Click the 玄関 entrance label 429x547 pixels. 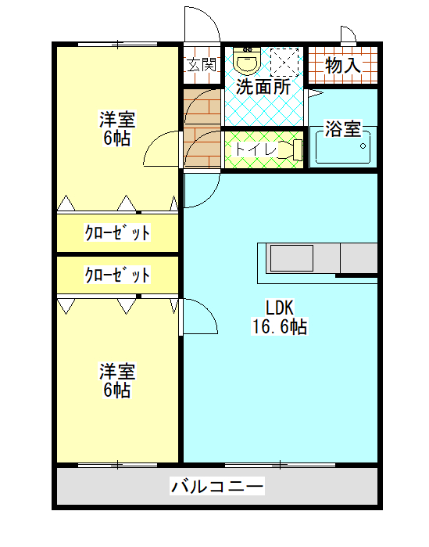coord(202,64)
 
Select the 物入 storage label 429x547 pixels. coord(342,67)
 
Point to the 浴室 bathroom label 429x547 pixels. coord(343,128)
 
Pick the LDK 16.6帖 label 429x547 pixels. coord(279,317)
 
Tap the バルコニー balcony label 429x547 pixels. coord(218,487)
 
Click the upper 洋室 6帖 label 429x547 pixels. coord(116,130)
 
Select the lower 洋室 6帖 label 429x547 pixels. coord(116,380)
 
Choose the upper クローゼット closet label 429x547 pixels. coord(117,232)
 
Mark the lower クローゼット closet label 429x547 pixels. coord(117,275)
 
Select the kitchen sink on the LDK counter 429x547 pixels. coord(291,257)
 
